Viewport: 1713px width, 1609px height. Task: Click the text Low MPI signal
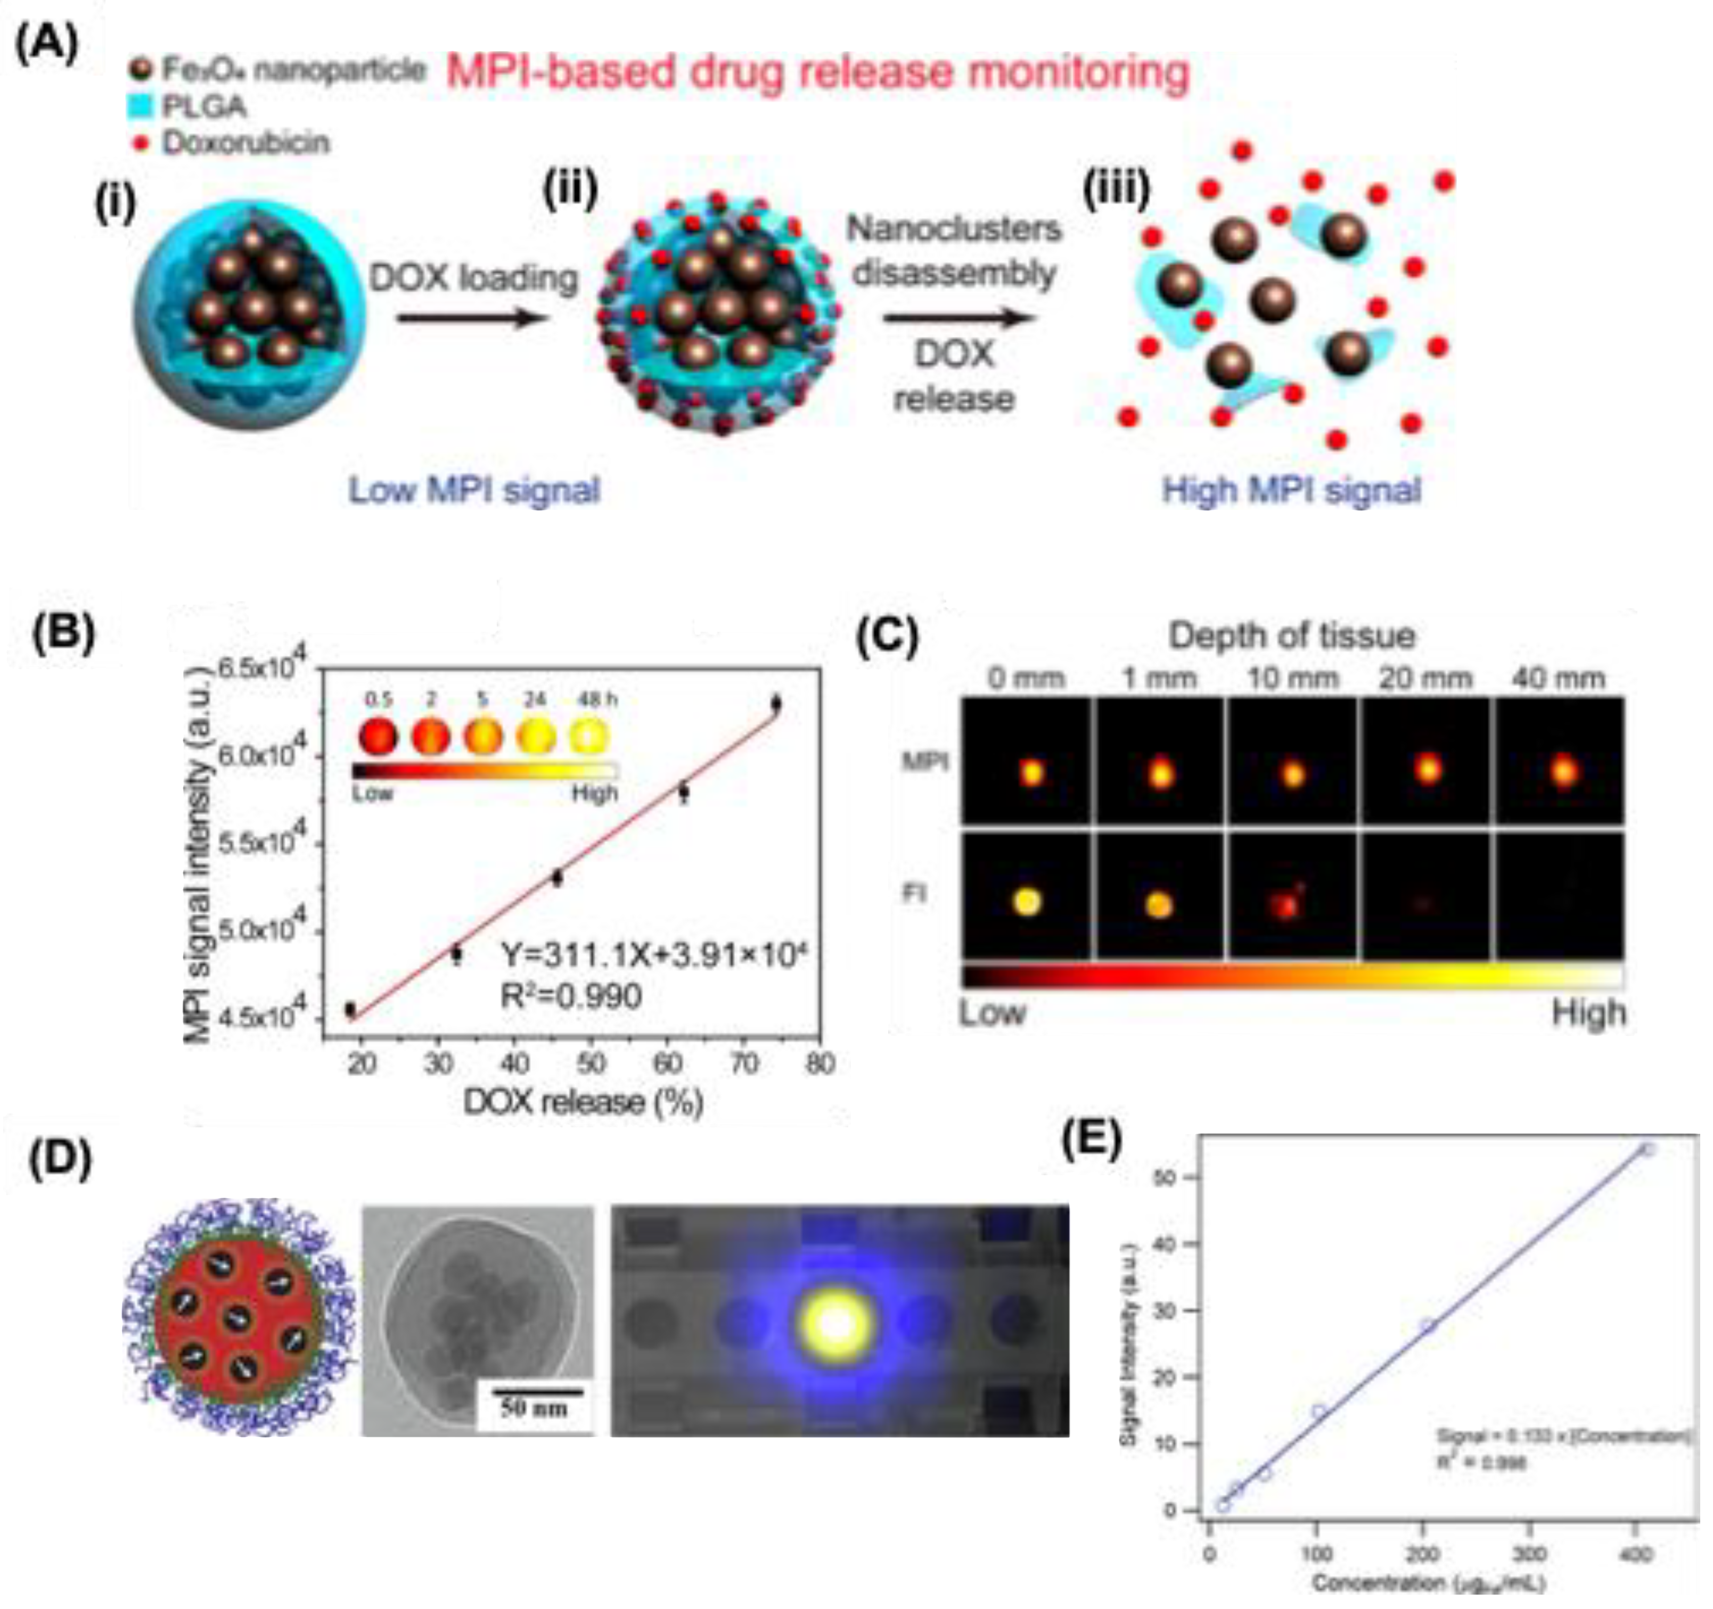point(474,491)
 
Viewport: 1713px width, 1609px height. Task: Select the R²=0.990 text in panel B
point(571,996)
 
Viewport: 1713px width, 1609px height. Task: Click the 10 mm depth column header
point(1292,679)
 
